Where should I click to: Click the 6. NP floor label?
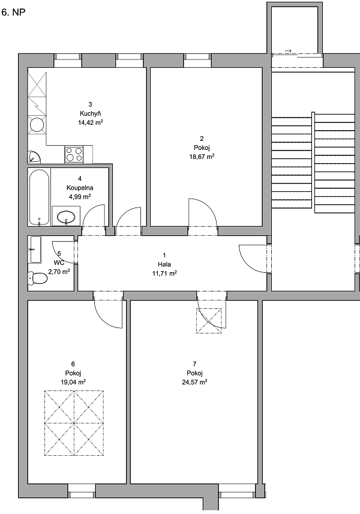click(13, 13)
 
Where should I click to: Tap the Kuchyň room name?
click(90, 113)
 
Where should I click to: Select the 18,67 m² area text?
click(202, 157)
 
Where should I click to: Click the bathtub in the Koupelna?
click(39, 197)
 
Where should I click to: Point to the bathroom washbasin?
click(66, 216)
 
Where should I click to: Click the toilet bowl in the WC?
click(38, 278)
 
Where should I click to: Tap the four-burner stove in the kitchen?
click(74, 154)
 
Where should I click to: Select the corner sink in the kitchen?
click(34, 157)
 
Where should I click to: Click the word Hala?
click(164, 264)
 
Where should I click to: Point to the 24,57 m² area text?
click(194, 382)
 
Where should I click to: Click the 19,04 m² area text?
click(73, 382)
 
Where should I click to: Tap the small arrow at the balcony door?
click(288, 51)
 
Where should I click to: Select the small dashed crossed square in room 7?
click(209, 321)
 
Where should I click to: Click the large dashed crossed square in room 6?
click(74, 423)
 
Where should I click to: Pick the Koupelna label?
click(80, 188)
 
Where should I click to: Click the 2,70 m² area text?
click(59, 272)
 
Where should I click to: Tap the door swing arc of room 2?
click(209, 205)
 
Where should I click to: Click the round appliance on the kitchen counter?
click(37, 125)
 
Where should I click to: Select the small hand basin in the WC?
click(35, 250)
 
